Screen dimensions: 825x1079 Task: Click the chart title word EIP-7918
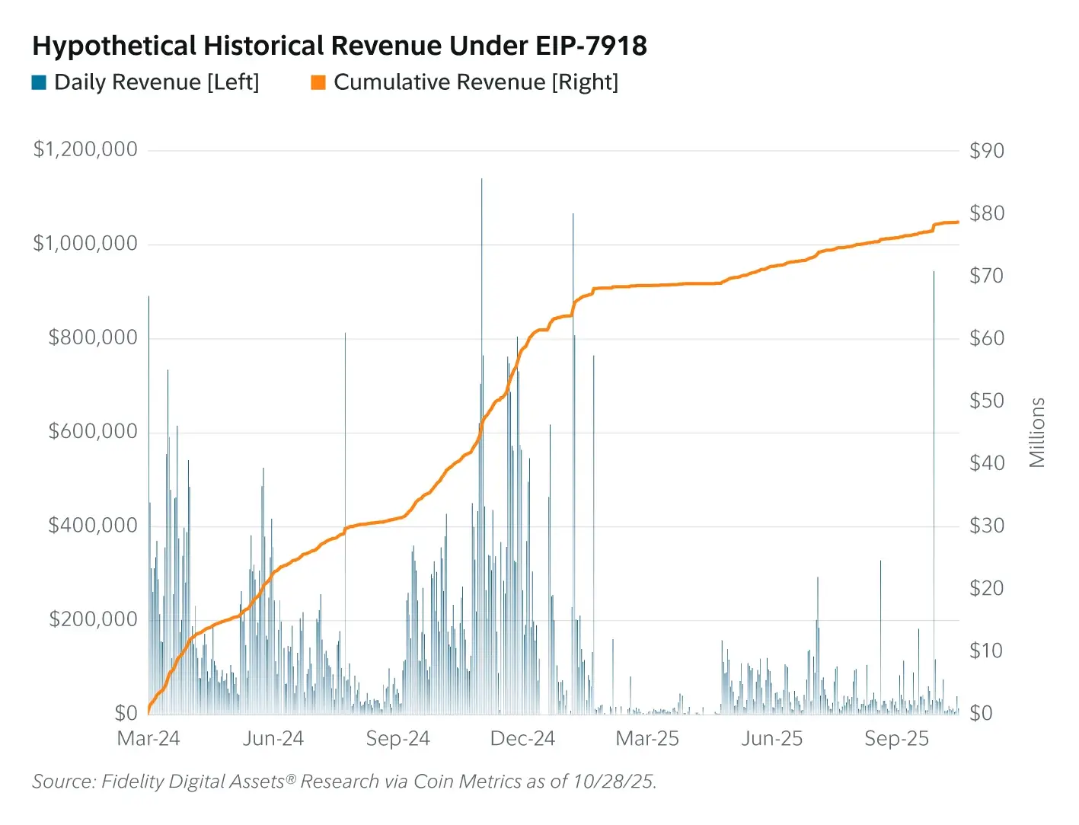point(591,46)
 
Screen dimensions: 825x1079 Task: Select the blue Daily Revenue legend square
point(39,82)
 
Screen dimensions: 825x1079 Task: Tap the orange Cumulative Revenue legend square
point(318,82)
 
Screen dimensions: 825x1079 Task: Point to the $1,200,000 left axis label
point(85,149)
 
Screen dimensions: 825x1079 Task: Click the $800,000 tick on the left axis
point(93,337)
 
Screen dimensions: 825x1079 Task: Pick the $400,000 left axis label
point(93,526)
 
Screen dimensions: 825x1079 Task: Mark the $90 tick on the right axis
point(986,151)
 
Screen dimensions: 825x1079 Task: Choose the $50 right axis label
point(986,401)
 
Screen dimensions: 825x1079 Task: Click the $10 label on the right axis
point(986,651)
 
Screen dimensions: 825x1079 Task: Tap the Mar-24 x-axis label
point(148,739)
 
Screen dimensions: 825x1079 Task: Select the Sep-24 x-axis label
point(397,739)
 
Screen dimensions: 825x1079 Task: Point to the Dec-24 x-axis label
point(522,739)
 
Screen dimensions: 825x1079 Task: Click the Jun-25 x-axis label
point(771,739)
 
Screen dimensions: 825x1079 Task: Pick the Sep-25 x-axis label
point(896,739)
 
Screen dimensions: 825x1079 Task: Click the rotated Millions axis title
point(1037,432)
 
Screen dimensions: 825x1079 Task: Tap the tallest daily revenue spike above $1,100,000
point(481,183)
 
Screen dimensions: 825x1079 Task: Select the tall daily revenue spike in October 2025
point(934,274)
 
